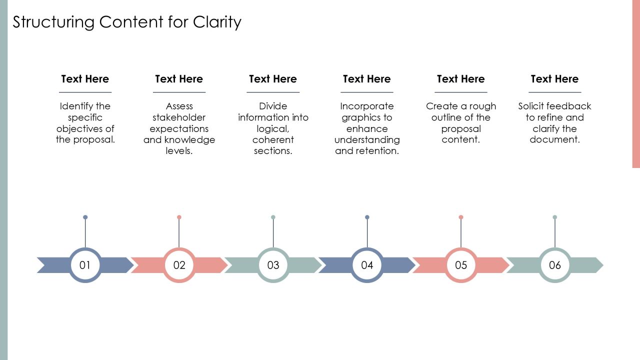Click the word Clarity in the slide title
pyautogui.click(x=217, y=22)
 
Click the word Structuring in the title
pyautogui.click(x=53, y=22)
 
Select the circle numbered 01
pyautogui.click(x=85, y=265)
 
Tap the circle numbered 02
pyautogui.click(x=179, y=265)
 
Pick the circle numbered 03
pyautogui.click(x=273, y=265)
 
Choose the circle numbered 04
pyautogui.click(x=367, y=265)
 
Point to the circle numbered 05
pyautogui.click(x=461, y=265)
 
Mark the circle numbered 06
pyautogui.click(x=555, y=265)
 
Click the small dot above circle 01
pyautogui.click(x=85, y=217)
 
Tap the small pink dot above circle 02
pyautogui.click(x=179, y=217)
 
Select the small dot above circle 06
pyautogui.click(x=555, y=217)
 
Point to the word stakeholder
pyautogui.click(x=179, y=117)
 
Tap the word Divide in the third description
pyautogui.click(x=273, y=106)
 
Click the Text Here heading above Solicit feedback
pyautogui.click(x=555, y=79)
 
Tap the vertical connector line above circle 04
pyautogui.click(x=367, y=233)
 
